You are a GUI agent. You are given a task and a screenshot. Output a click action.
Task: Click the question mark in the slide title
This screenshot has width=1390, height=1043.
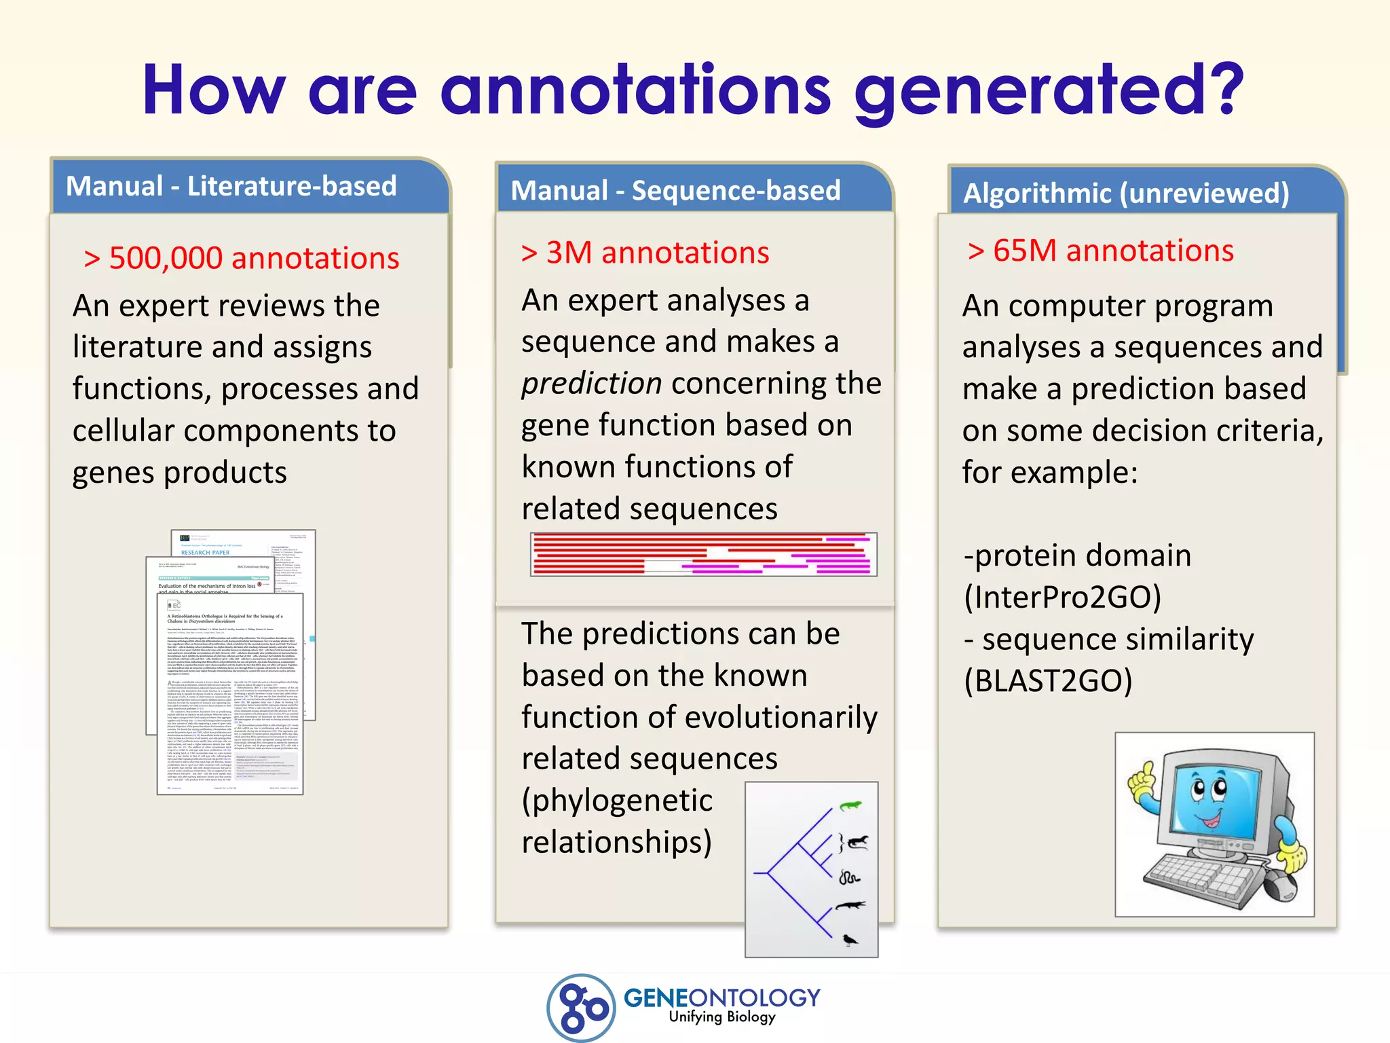[1219, 88]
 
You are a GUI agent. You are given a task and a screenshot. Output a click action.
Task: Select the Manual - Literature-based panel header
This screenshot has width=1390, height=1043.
[231, 186]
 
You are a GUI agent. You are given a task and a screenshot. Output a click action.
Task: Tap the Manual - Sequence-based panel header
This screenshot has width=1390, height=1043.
[675, 191]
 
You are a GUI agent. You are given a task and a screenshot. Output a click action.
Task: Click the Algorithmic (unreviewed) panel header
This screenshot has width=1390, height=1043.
[1126, 194]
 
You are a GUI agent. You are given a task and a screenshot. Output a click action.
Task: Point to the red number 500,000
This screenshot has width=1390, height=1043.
[166, 259]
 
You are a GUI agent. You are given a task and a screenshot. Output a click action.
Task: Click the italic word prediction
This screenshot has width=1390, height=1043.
[591, 384]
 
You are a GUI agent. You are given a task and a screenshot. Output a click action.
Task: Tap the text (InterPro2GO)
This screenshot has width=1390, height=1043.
[1062, 598]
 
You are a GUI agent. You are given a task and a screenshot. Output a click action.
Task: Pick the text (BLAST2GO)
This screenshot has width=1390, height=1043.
[1049, 681]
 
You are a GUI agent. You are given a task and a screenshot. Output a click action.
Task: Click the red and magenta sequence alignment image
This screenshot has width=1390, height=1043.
[703, 554]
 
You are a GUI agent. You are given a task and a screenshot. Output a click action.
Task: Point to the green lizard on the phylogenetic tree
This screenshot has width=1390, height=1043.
[850, 806]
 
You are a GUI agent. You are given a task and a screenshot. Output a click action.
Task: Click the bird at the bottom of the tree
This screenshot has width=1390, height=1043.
[849, 940]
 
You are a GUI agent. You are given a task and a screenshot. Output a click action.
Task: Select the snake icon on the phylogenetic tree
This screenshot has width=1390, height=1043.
[849, 877]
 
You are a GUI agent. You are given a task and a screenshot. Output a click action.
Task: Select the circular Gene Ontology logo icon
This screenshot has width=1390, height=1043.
[581, 1008]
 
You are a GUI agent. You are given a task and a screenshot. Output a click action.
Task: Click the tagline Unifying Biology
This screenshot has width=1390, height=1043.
[721, 1017]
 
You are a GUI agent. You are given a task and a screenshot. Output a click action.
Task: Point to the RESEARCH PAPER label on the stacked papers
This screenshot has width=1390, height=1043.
[205, 553]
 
